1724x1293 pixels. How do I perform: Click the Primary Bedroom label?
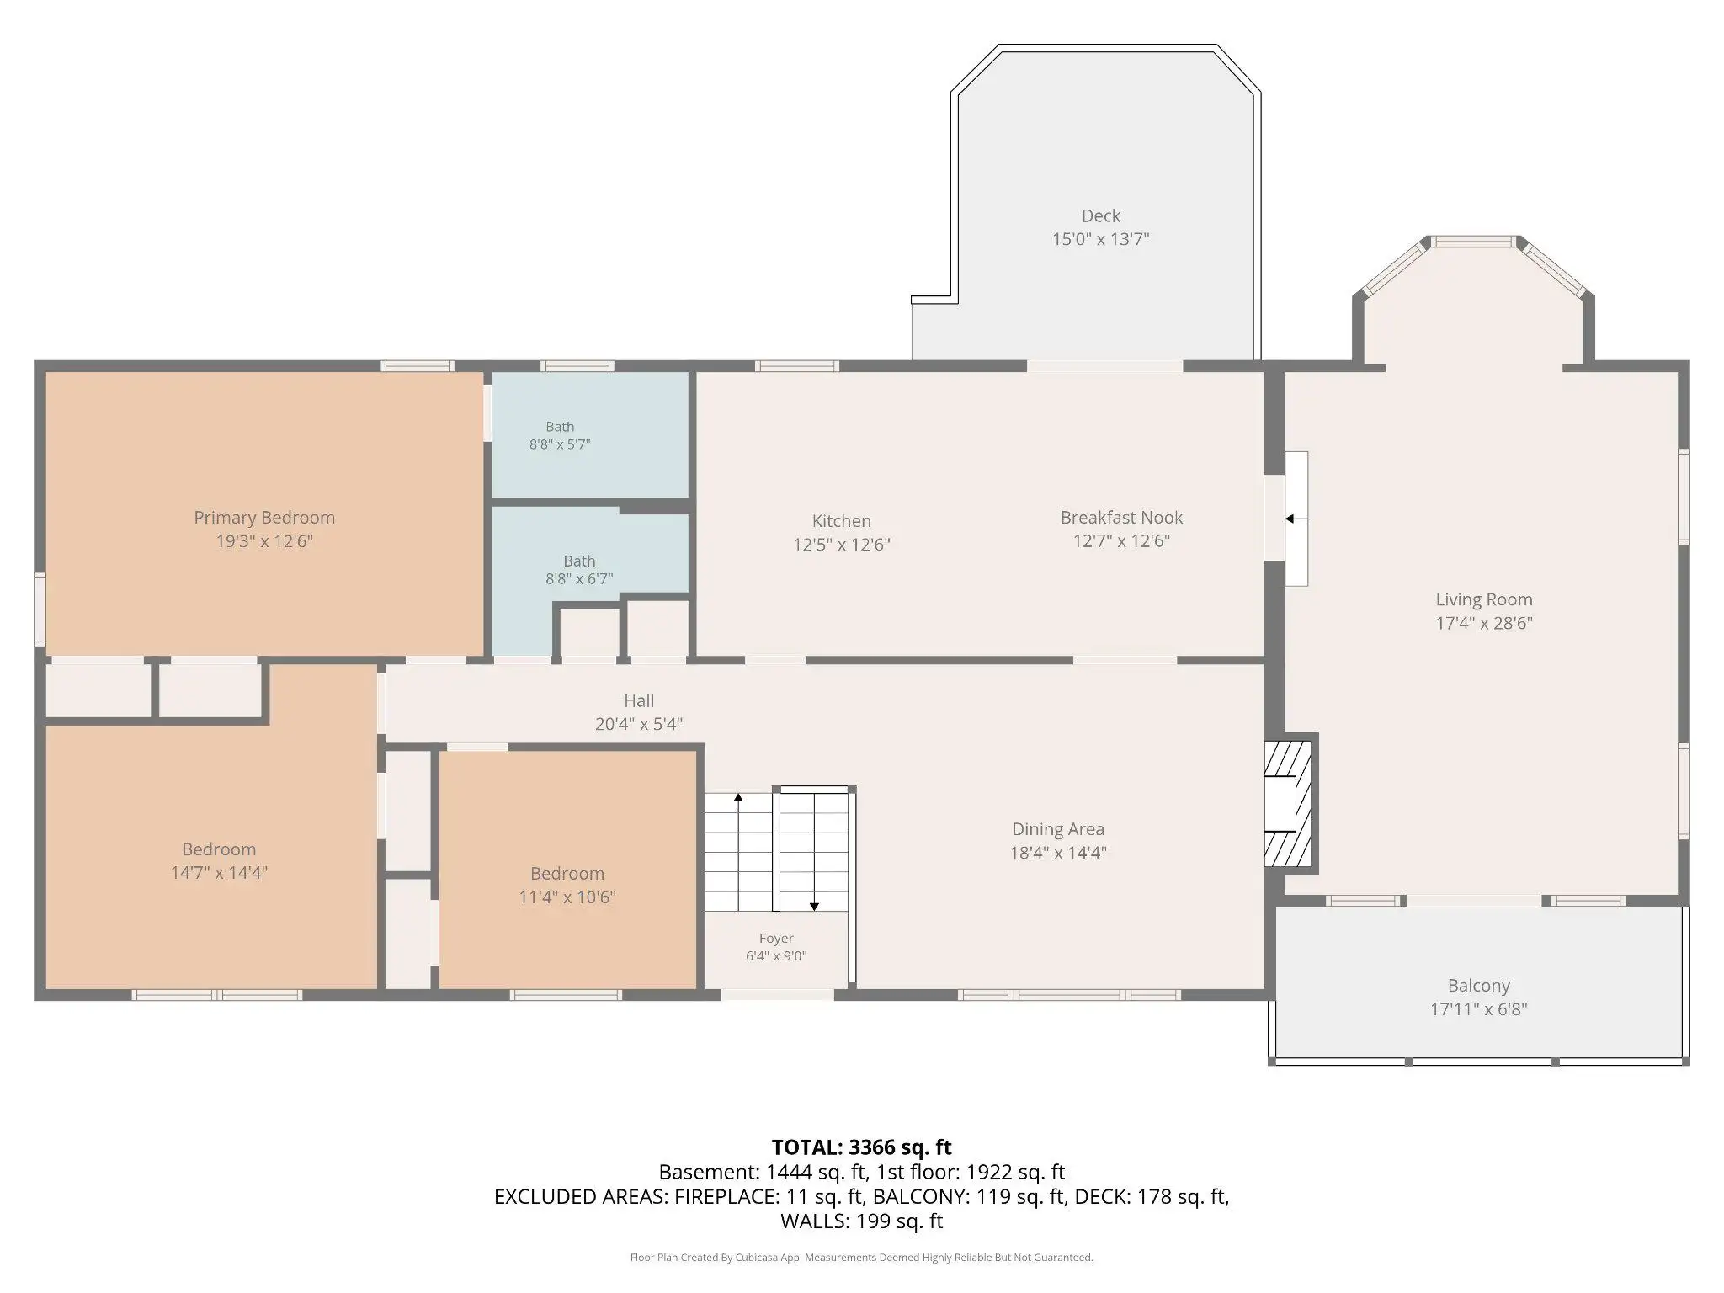coord(264,518)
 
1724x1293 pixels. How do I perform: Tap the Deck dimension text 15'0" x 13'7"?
coord(1100,239)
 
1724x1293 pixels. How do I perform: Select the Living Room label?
coord(1483,600)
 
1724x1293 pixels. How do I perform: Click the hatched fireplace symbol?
coord(1288,803)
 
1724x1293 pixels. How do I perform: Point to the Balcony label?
coord(1478,986)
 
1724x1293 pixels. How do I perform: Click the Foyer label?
coord(776,939)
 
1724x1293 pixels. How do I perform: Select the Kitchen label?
coord(841,521)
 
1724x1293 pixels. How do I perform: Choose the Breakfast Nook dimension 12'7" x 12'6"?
coord(1121,541)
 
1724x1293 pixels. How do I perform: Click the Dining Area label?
coord(1058,830)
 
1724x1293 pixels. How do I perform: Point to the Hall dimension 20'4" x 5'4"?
coord(639,724)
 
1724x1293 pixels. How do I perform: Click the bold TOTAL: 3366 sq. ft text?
coord(861,1147)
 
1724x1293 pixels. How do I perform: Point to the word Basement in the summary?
coord(709,1172)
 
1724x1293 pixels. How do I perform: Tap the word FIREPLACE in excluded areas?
coord(726,1196)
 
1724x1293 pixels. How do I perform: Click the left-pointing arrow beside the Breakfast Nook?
coord(1296,519)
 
